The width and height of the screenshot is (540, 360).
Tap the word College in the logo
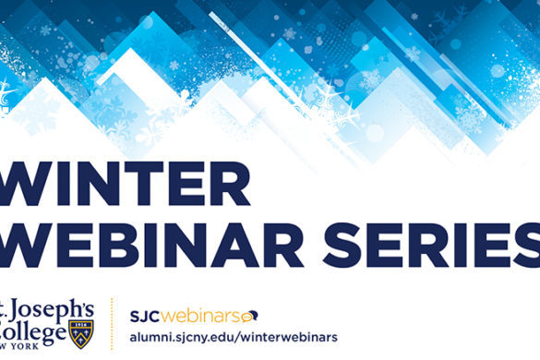(33, 330)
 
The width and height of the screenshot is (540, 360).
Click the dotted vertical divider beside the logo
(112, 324)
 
